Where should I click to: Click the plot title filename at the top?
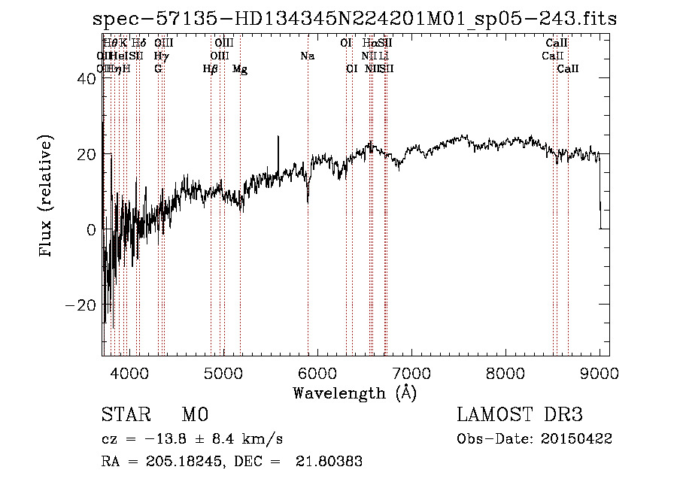[x=354, y=19]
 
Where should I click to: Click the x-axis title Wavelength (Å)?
[x=354, y=393]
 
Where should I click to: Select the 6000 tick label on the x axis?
[x=317, y=372]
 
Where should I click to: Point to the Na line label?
[x=307, y=56]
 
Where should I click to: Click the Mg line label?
[x=240, y=69]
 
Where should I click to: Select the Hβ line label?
[x=211, y=69]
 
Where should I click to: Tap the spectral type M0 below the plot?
[x=194, y=415]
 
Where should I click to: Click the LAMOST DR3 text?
[x=520, y=415]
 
